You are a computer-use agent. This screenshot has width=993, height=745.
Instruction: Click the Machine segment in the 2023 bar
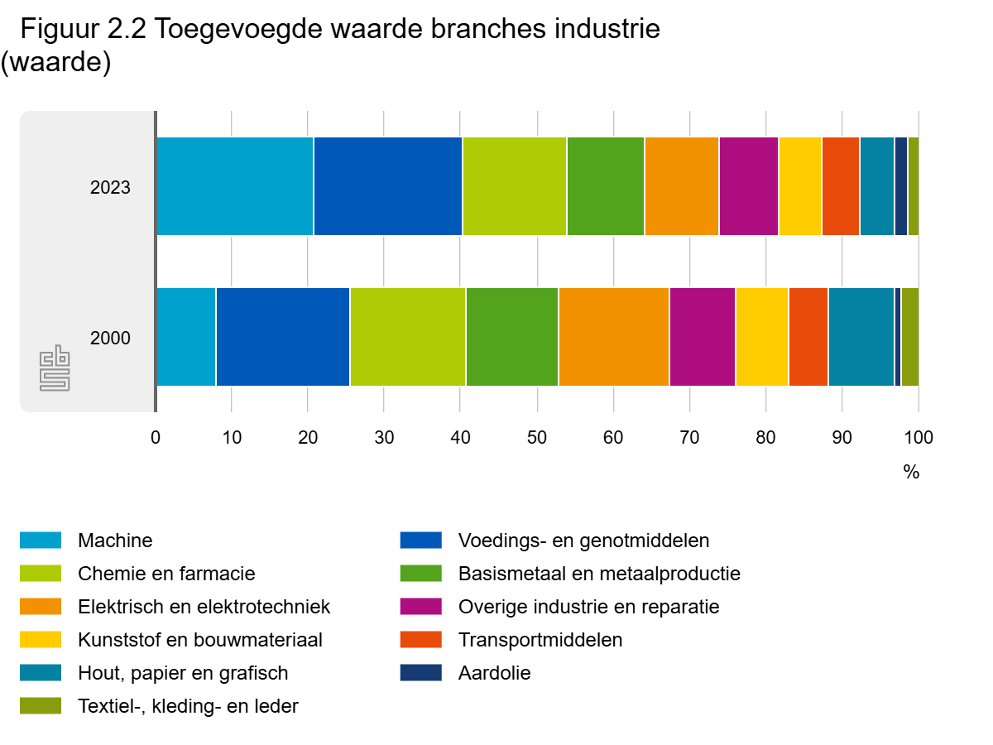(235, 186)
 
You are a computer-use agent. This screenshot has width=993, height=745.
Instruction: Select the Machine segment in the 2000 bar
(186, 337)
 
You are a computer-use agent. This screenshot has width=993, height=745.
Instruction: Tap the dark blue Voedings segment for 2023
(388, 186)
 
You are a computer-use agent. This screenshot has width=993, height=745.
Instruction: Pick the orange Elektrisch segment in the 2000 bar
(614, 337)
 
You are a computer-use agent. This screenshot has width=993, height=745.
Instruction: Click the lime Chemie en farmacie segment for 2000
(408, 337)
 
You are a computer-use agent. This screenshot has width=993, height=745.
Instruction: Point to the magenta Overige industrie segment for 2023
(749, 186)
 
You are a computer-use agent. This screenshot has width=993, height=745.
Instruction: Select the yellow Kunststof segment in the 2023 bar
(800, 186)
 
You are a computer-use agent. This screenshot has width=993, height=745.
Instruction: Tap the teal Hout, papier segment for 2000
(861, 337)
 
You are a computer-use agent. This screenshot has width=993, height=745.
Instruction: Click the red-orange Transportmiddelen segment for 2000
(808, 337)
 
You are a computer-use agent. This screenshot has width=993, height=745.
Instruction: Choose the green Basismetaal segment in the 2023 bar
(606, 186)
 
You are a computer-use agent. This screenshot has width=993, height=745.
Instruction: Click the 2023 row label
(110, 188)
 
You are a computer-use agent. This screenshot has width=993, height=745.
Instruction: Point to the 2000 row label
(110, 339)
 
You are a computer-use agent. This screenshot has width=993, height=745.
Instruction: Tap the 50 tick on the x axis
(537, 438)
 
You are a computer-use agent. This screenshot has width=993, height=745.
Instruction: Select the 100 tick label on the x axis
(919, 438)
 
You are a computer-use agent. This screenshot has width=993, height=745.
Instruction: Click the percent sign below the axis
(911, 473)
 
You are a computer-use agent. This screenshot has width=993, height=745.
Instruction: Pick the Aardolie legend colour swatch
(420, 673)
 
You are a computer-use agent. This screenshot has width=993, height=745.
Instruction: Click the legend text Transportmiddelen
(540, 640)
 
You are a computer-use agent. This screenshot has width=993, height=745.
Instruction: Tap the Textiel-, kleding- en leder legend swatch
(41, 706)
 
